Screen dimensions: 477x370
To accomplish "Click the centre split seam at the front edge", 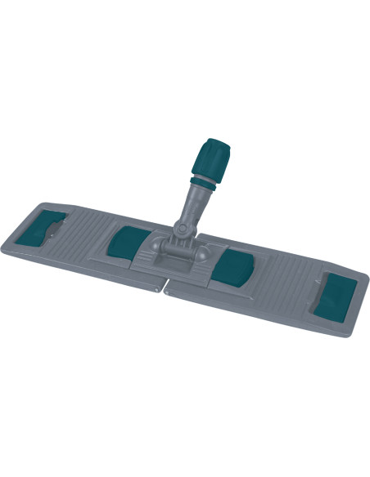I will [x=166, y=287].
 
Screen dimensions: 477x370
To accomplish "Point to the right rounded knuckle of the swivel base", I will [x=200, y=246].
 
